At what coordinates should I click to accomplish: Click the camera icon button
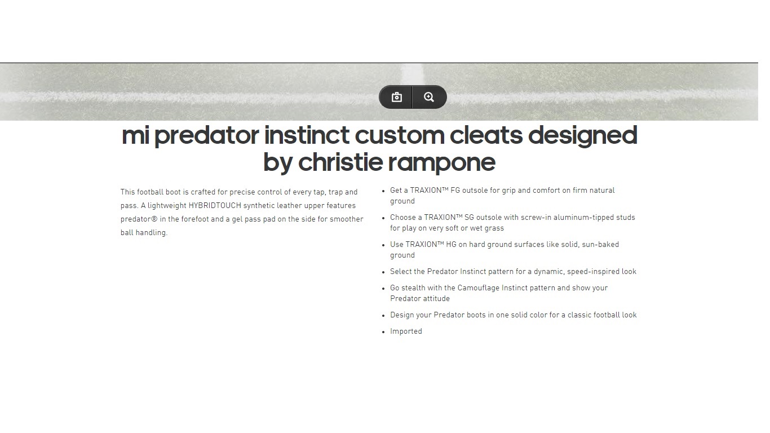pyautogui.click(x=397, y=98)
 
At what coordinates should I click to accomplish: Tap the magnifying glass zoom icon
pyautogui.click(x=428, y=98)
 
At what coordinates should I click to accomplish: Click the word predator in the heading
pyautogui.click(x=207, y=136)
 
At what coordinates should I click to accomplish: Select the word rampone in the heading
pyautogui.click(x=441, y=163)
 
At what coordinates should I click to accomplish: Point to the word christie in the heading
pyautogui.click(x=340, y=162)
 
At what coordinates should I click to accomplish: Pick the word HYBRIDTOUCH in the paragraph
pyautogui.click(x=215, y=206)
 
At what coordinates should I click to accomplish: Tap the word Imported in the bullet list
pyautogui.click(x=406, y=331)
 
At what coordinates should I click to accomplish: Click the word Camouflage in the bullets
pyautogui.click(x=478, y=288)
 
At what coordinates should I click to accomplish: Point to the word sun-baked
pyautogui.click(x=600, y=245)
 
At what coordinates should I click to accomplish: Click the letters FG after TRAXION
pyautogui.click(x=455, y=191)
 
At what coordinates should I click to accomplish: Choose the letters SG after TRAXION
pyautogui.click(x=469, y=218)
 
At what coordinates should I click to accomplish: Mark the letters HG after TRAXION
pyautogui.click(x=451, y=245)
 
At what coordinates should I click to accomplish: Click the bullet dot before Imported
pyautogui.click(x=384, y=332)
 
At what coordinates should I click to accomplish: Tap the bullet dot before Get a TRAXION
pyautogui.click(x=384, y=191)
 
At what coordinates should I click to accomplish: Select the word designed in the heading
pyautogui.click(x=583, y=136)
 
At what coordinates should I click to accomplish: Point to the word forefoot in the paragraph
pyautogui.click(x=195, y=219)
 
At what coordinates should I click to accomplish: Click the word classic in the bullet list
pyautogui.click(x=579, y=315)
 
